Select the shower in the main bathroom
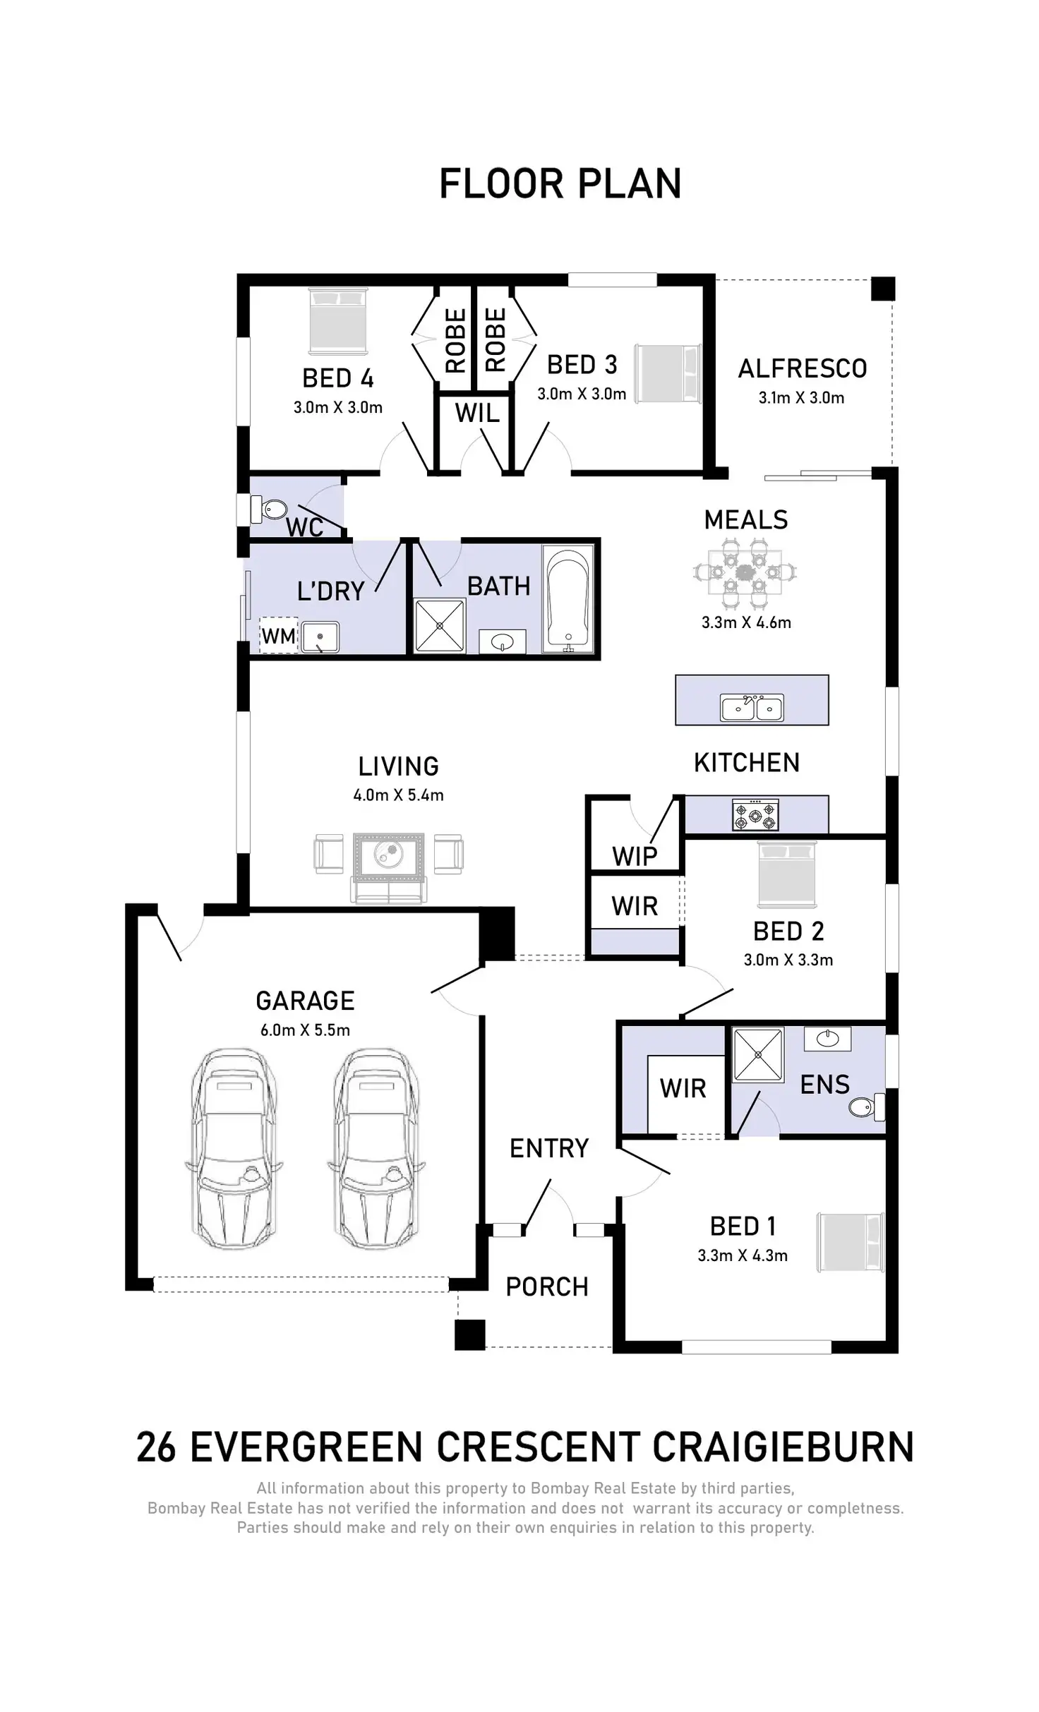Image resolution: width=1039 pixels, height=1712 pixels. point(440,625)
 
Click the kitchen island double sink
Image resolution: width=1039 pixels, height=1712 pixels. point(752,707)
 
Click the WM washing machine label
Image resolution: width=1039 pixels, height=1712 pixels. point(279,636)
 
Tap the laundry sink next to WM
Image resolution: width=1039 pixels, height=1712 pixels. point(320,637)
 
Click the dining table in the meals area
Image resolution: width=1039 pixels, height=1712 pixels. point(745,572)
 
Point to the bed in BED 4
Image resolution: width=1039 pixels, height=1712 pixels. point(338,321)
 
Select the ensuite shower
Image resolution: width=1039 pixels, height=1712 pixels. point(758,1055)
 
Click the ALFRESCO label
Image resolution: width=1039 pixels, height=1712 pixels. point(803,368)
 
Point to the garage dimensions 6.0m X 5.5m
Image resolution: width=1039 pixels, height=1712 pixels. point(305,1030)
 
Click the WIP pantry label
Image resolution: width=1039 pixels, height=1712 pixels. point(635,856)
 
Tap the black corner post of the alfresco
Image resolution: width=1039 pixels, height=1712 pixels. point(882,289)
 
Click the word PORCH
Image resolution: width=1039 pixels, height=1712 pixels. point(547,1286)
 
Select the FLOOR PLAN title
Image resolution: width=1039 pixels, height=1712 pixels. point(560,184)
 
